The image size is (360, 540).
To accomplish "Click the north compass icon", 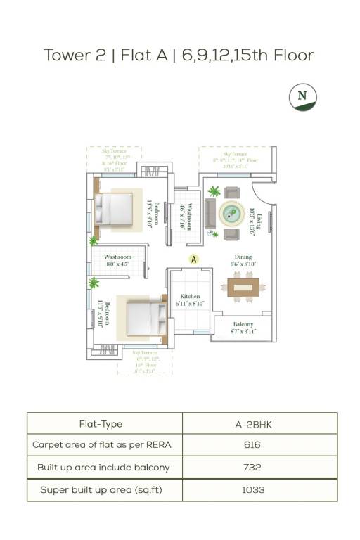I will [x=303, y=96].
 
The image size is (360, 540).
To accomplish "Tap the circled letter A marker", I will [x=194, y=259].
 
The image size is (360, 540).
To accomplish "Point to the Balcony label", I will [x=243, y=327].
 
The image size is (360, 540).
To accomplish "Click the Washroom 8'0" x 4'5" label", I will [x=117, y=261].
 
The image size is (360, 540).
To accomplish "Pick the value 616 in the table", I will [x=253, y=445].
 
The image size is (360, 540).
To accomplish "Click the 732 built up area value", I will [x=253, y=467].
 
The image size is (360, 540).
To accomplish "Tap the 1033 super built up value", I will [x=253, y=489].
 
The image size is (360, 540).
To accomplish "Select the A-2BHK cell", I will [x=253, y=424].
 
